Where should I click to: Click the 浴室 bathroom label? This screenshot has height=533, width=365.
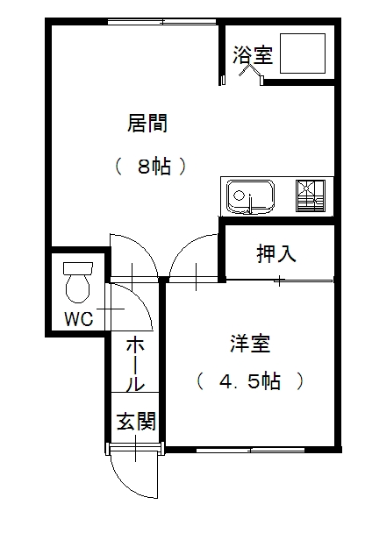point(253,55)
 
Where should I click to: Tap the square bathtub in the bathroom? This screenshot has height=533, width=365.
point(303,53)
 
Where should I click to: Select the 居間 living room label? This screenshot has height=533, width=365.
point(147,123)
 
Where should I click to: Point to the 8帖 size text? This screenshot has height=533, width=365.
point(154,166)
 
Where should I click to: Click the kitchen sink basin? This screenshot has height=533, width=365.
point(251,197)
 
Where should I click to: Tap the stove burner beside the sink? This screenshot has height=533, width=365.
point(311,195)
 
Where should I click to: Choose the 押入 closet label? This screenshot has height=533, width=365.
point(276,254)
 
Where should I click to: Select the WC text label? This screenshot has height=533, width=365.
point(79,319)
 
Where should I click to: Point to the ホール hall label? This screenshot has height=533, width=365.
point(135,364)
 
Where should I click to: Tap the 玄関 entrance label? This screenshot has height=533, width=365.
point(136,421)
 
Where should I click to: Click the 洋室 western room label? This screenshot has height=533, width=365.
point(250,344)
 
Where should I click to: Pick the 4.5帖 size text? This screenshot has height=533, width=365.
point(250,381)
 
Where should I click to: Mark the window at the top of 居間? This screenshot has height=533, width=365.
point(162,22)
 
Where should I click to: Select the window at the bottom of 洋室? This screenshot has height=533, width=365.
point(250,450)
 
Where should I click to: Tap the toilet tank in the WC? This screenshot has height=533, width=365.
point(78,268)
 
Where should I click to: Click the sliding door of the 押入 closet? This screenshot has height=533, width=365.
point(304,281)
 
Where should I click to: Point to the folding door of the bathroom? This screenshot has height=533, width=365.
point(251,72)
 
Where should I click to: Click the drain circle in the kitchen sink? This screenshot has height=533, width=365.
point(240,196)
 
